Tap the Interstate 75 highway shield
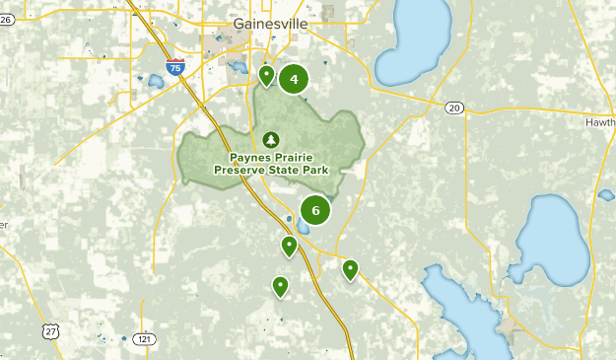[x=173, y=68]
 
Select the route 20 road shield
[x=453, y=107]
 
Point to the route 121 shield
[x=145, y=338]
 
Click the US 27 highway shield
[x=50, y=332]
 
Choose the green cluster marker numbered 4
[x=294, y=79]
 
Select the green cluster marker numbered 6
[x=315, y=209]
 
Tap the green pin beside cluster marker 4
[x=266, y=75]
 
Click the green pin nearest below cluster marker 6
[x=289, y=246]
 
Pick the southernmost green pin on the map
[x=281, y=286]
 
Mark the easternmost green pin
[x=350, y=268]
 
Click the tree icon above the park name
[x=270, y=140]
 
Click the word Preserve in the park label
[x=247, y=169]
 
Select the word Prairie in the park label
[x=297, y=156]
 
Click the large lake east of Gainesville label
[x=413, y=44]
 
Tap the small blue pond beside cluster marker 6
[x=289, y=219]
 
